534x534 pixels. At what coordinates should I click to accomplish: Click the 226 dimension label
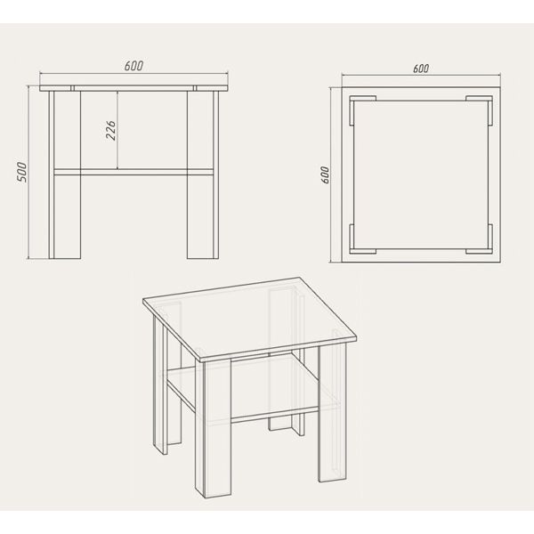point(110,130)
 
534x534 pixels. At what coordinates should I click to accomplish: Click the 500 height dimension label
point(21,173)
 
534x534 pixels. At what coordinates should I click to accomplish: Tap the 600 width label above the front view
point(133,66)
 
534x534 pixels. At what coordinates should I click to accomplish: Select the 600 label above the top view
point(421,69)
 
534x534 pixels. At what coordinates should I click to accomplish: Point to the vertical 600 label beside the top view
point(325,175)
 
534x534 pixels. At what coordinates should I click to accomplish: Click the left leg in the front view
point(65,174)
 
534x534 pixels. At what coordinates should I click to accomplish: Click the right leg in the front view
point(203,174)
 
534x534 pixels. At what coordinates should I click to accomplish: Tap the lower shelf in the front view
point(133,172)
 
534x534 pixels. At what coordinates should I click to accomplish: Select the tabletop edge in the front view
point(133,88)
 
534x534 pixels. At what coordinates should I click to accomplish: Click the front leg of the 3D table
point(214,428)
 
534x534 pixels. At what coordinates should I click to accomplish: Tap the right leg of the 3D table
point(332,412)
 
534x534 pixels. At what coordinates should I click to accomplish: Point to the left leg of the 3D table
point(160,384)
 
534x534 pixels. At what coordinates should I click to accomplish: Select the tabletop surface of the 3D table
point(249,319)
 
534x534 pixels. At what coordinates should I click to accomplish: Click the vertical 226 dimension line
point(117,130)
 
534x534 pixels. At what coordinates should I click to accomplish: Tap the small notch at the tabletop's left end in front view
point(73,88)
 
